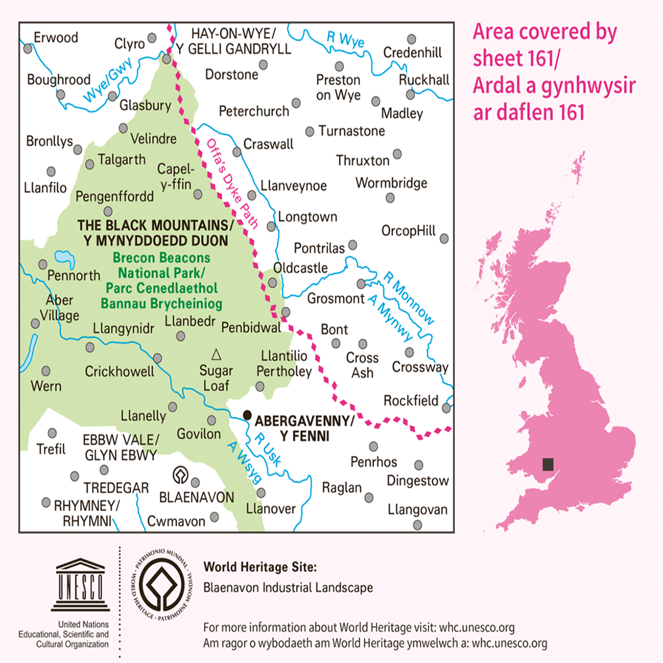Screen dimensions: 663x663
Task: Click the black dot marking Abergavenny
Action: pyautogui.click(x=247, y=415)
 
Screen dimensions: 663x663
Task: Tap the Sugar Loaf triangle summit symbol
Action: pyautogui.click(x=216, y=355)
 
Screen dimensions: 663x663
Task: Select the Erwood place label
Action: pyautogui.click(x=56, y=37)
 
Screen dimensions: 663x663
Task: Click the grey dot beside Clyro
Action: pyautogui.click(x=152, y=38)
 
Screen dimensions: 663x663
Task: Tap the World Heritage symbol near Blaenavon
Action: pyautogui.click(x=180, y=475)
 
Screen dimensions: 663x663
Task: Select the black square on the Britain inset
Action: pyautogui.click(x=548, y=464)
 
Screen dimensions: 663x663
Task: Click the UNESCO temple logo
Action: pyautogui.click(x=80, y=585)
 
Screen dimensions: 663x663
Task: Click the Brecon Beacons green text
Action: pyautogui.click(x=161, y=258)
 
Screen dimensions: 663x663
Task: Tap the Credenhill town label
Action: pyautogui.click(x=412, y=52)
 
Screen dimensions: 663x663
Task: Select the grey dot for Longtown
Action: pyautogui.click(x=271, y=227)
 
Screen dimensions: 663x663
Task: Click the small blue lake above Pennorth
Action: pyautogui.click(x=65, y=258)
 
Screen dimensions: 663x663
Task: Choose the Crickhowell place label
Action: pyautogui.click(x=119, y=372)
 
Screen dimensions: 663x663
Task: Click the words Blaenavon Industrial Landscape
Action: pyautogui.click(x=288, y=587)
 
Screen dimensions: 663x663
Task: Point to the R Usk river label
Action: pyautogui.click(x=268, y=449)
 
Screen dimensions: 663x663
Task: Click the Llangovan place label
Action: pyautogui.click(x=417, y=509)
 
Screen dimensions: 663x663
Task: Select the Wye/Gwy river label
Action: pyautogui.click(x=107, y=80)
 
